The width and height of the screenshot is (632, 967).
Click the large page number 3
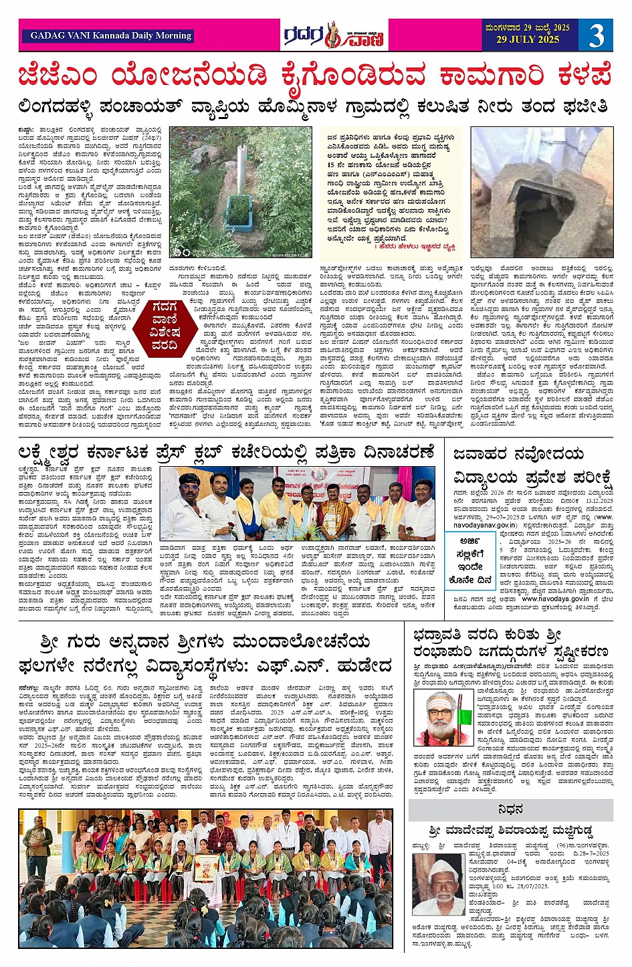(x=596, y=35)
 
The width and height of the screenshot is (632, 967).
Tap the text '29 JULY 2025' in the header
(x=528, y=40)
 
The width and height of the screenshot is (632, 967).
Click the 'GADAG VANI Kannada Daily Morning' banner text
(x=111, y=35)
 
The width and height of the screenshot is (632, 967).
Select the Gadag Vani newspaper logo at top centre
(x=332, y=35)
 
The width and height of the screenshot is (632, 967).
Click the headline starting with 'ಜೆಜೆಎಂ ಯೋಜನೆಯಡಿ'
(x=316, y=76)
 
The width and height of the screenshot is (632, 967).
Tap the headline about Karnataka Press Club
(x=227, y=452)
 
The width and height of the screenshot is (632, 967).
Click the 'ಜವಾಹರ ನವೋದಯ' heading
(x=519, y=455)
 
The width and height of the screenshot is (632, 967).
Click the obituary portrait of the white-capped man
(x=439, y=884)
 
